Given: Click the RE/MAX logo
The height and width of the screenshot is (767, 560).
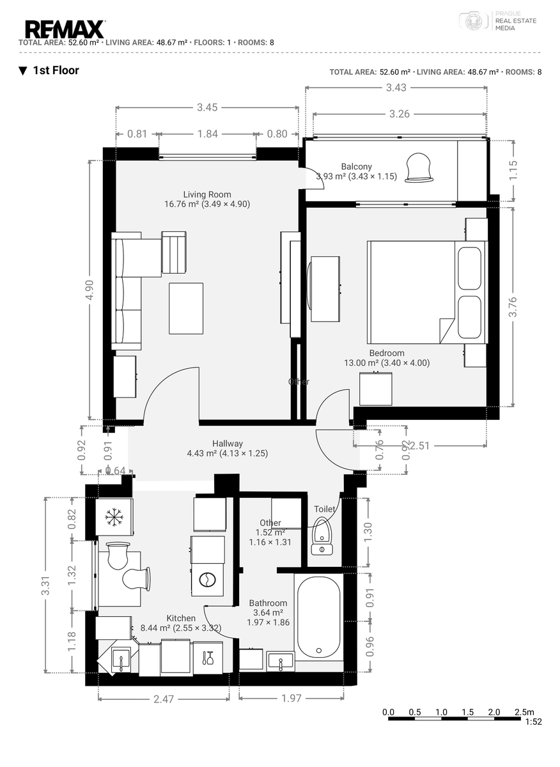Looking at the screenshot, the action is (x=65, y=29).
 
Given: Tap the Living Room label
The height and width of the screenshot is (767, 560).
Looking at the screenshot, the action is (x=207, y=194).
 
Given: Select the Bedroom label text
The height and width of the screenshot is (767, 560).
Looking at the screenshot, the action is (x=387, y=353).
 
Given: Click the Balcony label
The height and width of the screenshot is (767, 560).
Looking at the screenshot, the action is (x=356, y=167).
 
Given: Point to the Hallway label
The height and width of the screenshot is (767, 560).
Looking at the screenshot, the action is (x=228, y=444).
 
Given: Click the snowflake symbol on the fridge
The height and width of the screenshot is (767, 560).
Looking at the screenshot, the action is (x=114, y=516).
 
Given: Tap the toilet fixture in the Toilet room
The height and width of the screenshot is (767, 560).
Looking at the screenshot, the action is (x=322, y=536).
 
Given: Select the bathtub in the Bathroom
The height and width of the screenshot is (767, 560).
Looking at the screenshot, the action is (x=318, y=617).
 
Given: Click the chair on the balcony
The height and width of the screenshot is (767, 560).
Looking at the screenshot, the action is (x=419, y=167).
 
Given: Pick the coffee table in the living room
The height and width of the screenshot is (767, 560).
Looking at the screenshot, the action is (x=186, y=308).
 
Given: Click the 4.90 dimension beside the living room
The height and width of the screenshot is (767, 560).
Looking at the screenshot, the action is (x=89, y=290).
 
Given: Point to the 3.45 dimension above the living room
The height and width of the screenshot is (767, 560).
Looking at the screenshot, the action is (x=207, y=107).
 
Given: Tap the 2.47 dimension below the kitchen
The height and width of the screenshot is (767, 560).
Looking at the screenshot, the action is (x=164, y=699).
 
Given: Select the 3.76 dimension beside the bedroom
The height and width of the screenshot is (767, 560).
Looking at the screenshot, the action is (x=513, y=307).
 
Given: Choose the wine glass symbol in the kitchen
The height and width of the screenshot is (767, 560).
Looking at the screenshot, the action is (x=208, y=658).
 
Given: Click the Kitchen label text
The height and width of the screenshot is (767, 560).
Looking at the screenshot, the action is (x=181, y=619).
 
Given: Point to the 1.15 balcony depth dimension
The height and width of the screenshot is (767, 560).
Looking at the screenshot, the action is (x=513, y=170).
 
